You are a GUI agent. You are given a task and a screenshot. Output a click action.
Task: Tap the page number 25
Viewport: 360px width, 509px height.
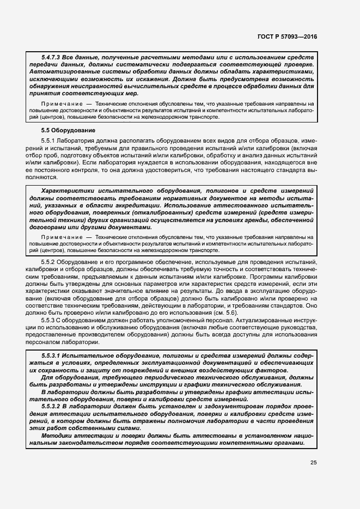point(313,463)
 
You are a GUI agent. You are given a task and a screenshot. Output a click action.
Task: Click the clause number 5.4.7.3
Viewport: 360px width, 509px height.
point(51,57)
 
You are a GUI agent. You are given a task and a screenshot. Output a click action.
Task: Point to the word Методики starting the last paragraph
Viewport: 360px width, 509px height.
point(57,436)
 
